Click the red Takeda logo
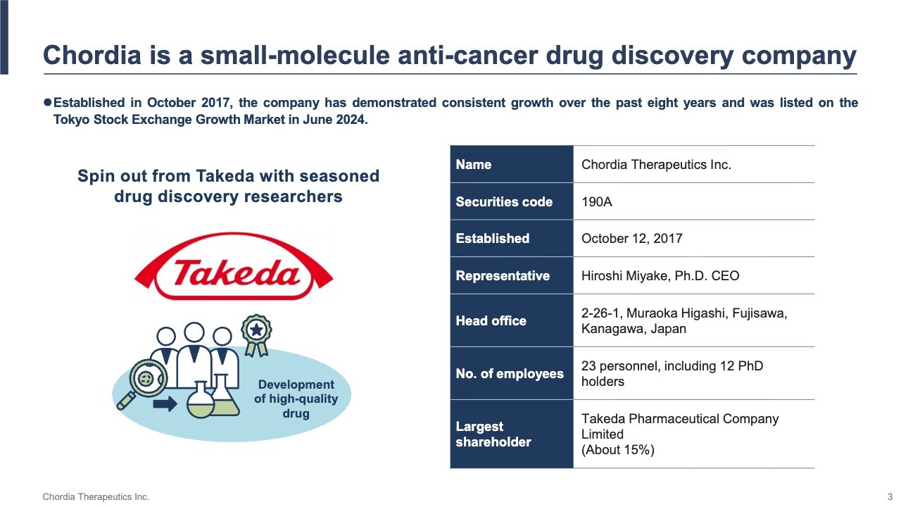pyautogui.click(x=234, y=267)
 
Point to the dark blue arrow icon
pyautogui.click(x=165, y=403)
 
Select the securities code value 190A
pyautogui.click(x=596, y=201)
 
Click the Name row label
pyautogui.click(x=474, y=165)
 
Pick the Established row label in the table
pyautogui.click(x=492, y=239)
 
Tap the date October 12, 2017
pyautogui.click(x=631, y=239)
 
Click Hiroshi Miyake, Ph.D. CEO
pyautogui.click(x=660, y=275)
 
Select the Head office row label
pyautogui.click(x=491, y=320)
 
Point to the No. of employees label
pyautogui.click(x=510, y=374)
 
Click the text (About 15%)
pyautogui.click(x=618, y=449)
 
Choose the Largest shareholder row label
pyautogui.click(x=493, y=434)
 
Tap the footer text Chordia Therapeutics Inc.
pyautogui.click(x=96, y=497)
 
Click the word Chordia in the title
pyautogui.click(x=92, y=55)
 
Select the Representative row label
pyautogui.click(x=503, y=275)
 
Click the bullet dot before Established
pyautogui.click(x=47, y=103)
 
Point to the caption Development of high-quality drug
pyautogui.click(x=296, y=399)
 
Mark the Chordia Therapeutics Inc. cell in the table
pyautogui.click(x=656, y=165)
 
